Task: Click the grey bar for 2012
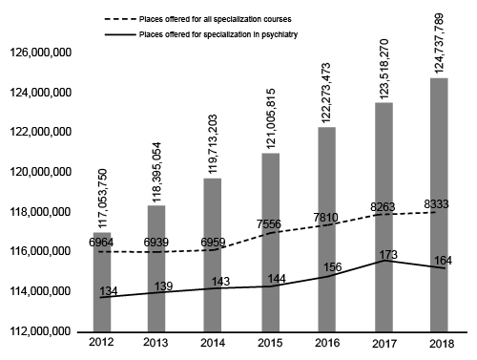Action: [102, 282]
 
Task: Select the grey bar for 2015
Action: [271, 243]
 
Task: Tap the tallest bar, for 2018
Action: [439, 204]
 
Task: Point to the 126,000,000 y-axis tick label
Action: [41, 53]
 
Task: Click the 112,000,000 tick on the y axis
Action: [41, 331]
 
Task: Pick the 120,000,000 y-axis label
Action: [41, 172]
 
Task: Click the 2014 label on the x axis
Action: [213, 343]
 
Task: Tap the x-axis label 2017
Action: [384, 344]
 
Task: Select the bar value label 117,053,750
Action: [103, 199]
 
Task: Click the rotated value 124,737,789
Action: [439, 43]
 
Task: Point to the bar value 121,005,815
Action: [271, 118]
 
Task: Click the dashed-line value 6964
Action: [101, 243]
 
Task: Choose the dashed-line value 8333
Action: [436, 204]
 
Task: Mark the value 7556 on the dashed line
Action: [269, 224]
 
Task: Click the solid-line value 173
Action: [388, 255]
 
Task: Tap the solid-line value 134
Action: [109, 291]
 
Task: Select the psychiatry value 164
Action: [443, 261]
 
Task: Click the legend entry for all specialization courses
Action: [216, 19]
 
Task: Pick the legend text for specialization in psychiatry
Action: [218, 34]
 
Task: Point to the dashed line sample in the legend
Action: [119, 19]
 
